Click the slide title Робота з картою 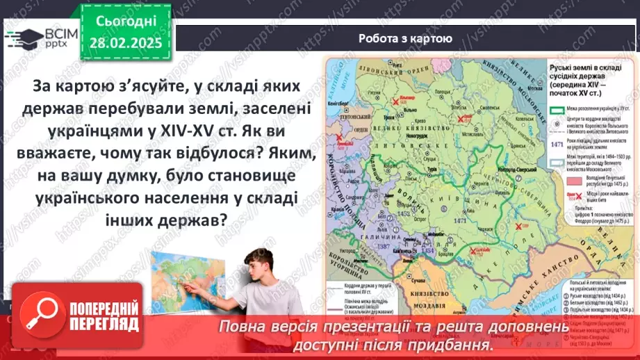point(405,39)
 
